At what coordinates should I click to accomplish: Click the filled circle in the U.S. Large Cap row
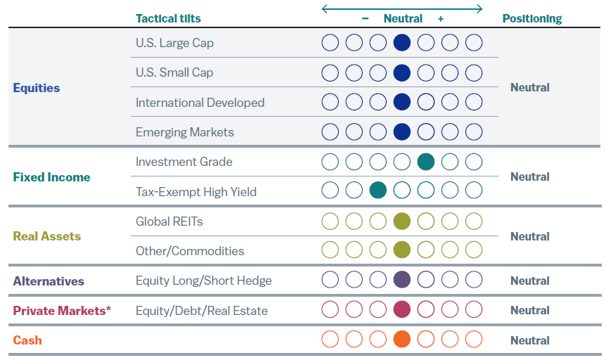pyautogui.click(x=402, y=43)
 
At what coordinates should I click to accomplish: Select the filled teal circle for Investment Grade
pyautogui.click(x=426, y=162)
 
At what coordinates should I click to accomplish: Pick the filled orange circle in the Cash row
pyautogui.click(x=402, y=340)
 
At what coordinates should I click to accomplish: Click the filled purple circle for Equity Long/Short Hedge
pyautogui.click(x=402, y=280)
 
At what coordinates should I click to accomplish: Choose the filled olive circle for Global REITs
pyautogui.click(x=402, y=221)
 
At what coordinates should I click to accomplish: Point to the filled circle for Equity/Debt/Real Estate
pyautogui.click(x=402, y=309)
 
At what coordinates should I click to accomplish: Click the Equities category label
pyautogui.click(x=37, y=88)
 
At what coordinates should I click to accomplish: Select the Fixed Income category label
pyautogui.click(x=51, y=177)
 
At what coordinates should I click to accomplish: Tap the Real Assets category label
pyautogui.click(x=47, y=236)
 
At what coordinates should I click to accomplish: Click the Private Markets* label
pyautogui.click(x=62, y=310)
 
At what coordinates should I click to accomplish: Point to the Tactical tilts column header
pyautogui.click(x=168, y=19)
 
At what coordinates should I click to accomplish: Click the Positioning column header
pyautogui.click(x=532, y=19)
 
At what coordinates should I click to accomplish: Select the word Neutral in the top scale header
pyautogui.click(x=403, y=19)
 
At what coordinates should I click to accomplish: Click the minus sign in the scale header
pyautogui.click(x=366, y=19)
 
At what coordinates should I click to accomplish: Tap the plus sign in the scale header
pyautogui.click(x=441, y=19)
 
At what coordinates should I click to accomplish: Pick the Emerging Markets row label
pyautogui.click(x=185, y=132)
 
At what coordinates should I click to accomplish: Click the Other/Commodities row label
pyautogui.click(x=190, y=251)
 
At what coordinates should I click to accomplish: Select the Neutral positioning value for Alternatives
pyautogui.click(x=530, y=281)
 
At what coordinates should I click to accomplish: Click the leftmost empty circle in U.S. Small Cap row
pyautogui.click(x=330, y=72)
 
